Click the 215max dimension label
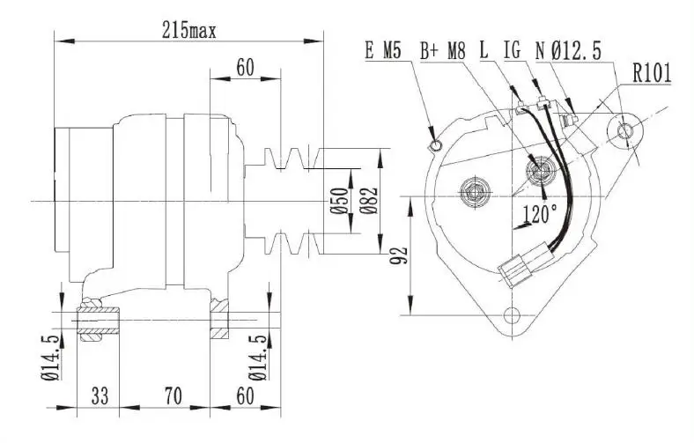point(189,29)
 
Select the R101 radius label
point(651,74)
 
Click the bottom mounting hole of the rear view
point(511,316)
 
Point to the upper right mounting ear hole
point(625,131)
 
